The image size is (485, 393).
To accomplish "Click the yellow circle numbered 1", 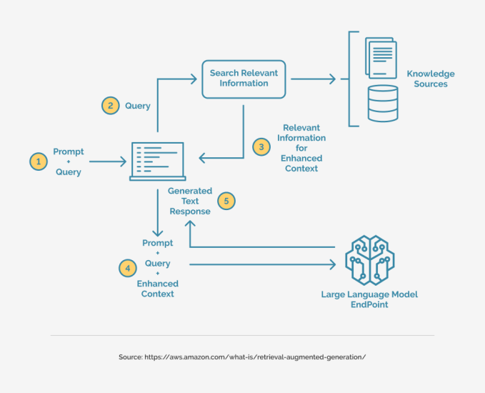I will click(38, 162).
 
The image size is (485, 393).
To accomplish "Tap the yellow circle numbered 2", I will click(110, 106).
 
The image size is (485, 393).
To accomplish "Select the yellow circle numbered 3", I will click(261, 147).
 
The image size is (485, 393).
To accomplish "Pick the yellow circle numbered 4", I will click(127, 268).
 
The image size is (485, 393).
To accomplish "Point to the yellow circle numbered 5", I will click(226, 201).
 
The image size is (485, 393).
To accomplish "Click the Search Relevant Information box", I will click(244, 78).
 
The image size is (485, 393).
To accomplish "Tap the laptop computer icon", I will click(158, 161).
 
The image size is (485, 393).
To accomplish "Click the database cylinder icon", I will click(383, 103).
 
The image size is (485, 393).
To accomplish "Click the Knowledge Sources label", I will click(430, 79).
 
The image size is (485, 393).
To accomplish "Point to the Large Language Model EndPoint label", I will click(369, 299).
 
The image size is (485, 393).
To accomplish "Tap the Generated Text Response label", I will click(190, 201).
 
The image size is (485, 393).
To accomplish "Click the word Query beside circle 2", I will click(138, 106).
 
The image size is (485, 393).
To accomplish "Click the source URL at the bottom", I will click(242, 357).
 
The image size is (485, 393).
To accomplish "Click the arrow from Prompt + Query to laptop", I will click(107, 162).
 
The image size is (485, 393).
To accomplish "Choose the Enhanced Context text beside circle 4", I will click(157, 289).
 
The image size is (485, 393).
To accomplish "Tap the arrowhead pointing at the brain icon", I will click(331, 264).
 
